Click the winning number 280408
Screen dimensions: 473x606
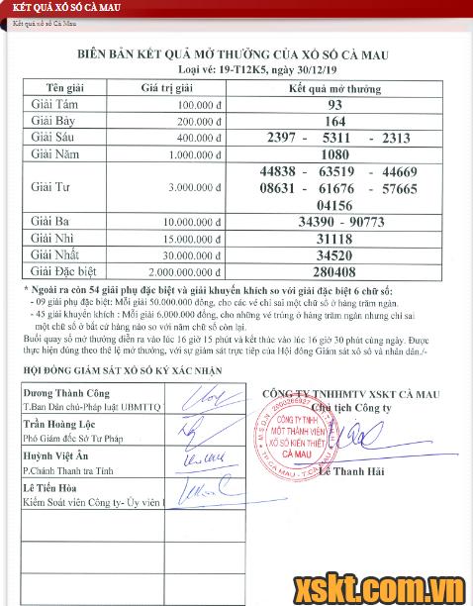(x=334, y=269)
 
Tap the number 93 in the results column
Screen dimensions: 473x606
(x=334, y=105)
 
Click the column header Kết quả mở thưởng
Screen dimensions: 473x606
(x=334, y=88)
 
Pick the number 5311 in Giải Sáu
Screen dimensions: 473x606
(x=334, y=138)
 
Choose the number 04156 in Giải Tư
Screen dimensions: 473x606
(x=334, y=204)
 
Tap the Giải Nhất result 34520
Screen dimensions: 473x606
(x=334, y=254)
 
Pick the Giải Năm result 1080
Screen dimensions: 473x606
(x=334, y=153)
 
